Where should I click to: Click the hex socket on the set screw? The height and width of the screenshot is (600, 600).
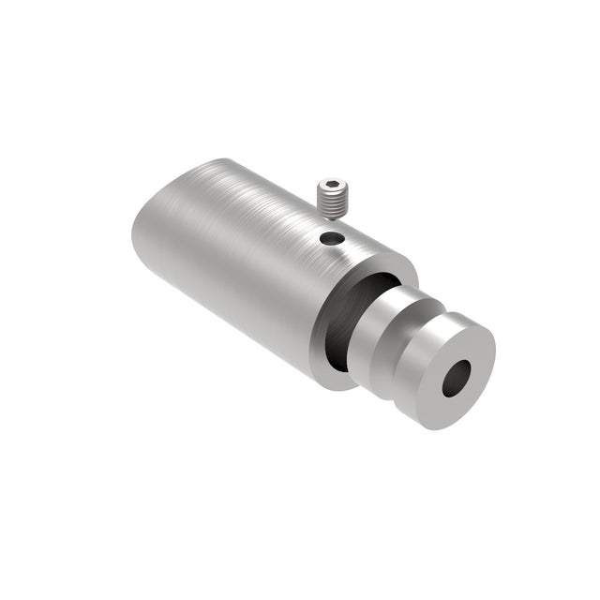point(330,184)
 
